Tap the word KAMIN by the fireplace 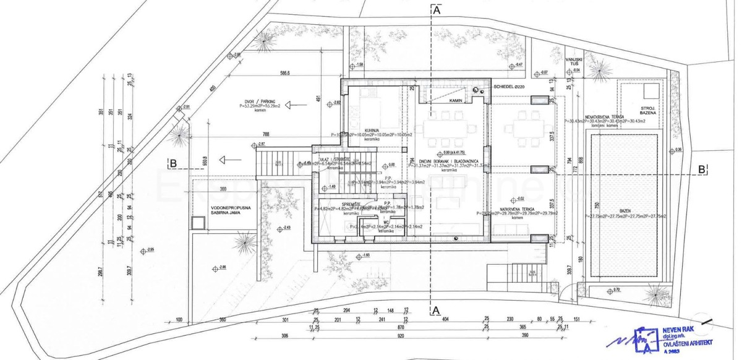[x=456, y=100]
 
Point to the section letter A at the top [x=437, y=11]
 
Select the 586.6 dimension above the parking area [x=284, y=73]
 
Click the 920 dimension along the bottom [x=401, y=335]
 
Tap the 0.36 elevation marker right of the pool [x=678, y=150]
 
